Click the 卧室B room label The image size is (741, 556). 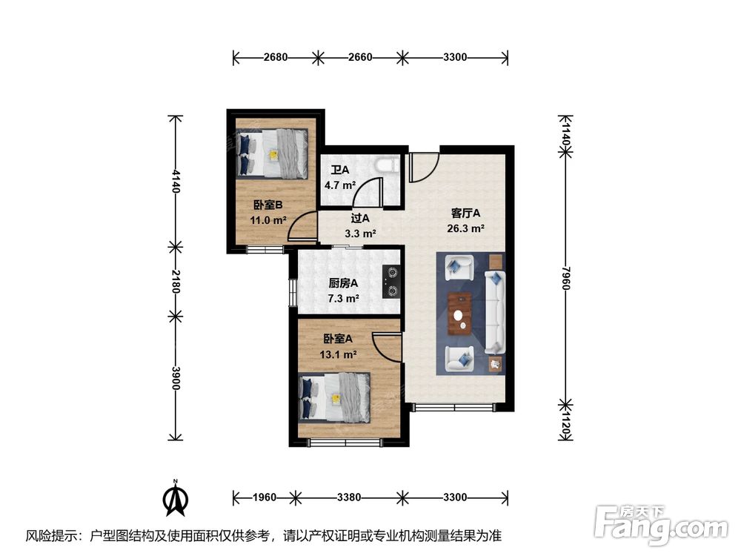coord(268,205)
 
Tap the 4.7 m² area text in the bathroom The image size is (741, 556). coord(340,185)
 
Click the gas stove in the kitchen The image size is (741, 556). coord(392,281)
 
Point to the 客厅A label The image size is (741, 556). coord(465,214)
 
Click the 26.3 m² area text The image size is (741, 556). coord(465,229)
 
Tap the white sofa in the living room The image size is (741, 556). coord(495,312)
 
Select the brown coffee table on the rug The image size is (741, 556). coord(459,314)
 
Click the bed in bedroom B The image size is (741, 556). coord(275,153)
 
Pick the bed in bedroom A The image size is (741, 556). coord(334,397)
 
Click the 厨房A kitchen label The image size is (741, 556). coord(343,283)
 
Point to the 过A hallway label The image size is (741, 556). coord(360,218)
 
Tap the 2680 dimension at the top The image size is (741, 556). coord(276,57)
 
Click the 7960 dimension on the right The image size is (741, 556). coord(565,278)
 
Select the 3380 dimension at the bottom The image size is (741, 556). coord(349,497)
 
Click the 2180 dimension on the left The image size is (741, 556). coord(176,281)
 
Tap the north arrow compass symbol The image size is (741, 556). coord(176,498)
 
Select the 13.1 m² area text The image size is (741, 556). coord(338,354)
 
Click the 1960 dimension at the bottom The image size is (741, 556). coord(265,497)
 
